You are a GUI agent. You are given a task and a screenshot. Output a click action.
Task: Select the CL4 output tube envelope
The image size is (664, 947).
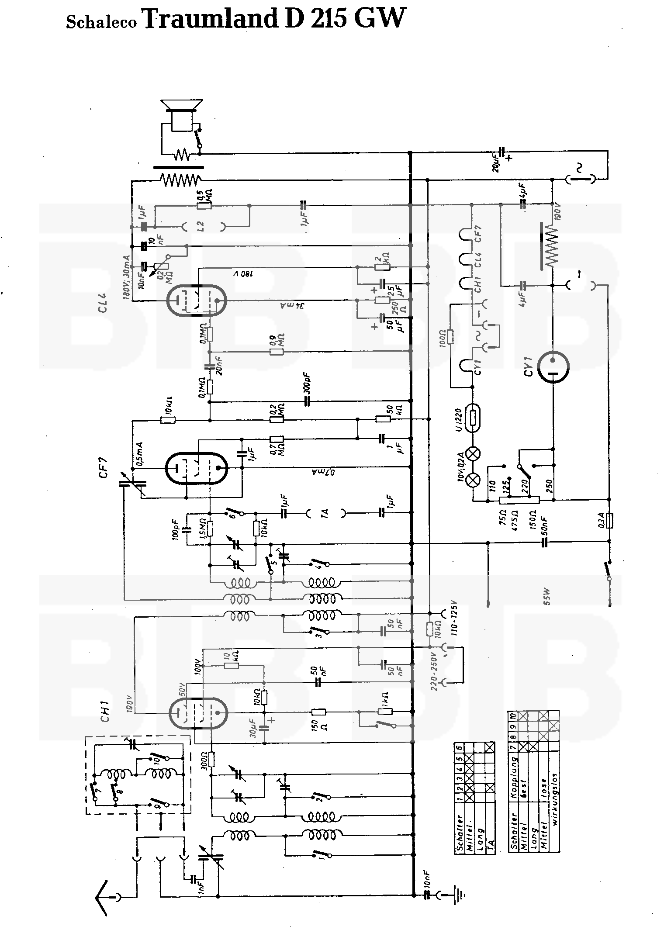tap(197, 301)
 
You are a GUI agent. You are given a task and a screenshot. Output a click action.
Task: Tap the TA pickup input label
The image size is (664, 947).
tap(325, 514)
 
